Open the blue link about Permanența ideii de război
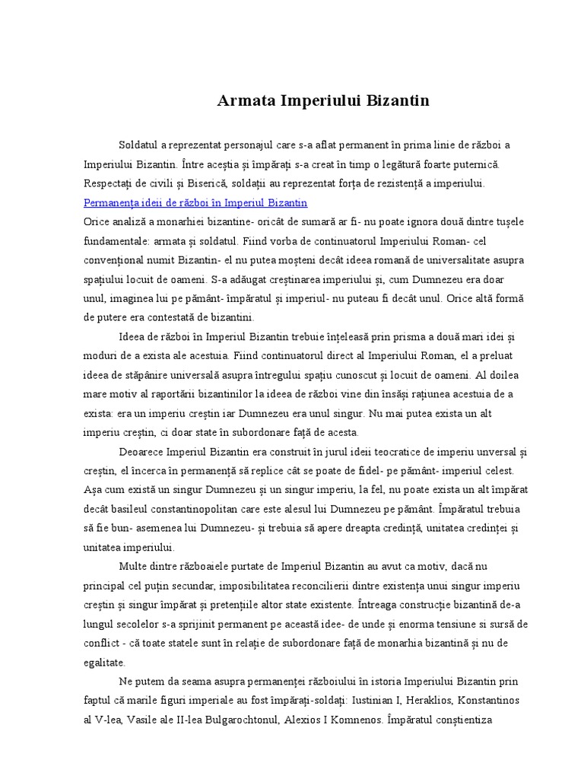[x=195, y=202]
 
